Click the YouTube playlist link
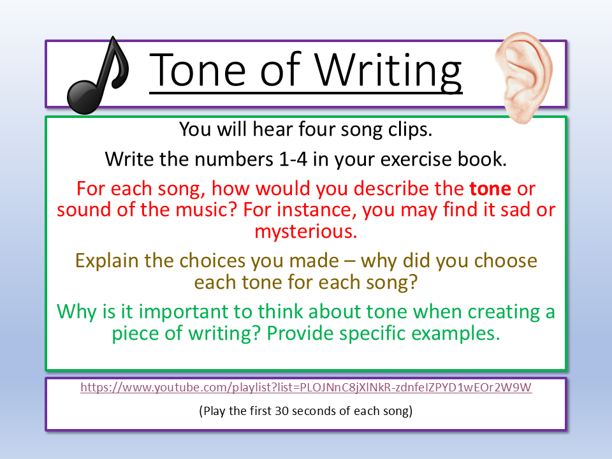[x=306, y=387]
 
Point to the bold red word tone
[x=490, y=189]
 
